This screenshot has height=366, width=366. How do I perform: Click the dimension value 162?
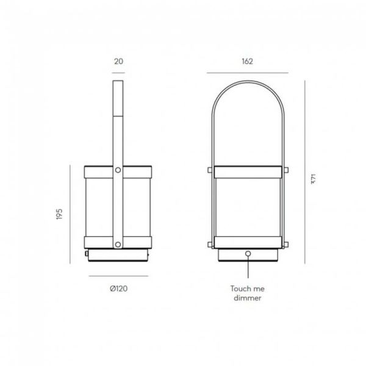(x=247, y=62)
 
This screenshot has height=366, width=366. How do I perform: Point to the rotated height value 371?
(x=314, y=178)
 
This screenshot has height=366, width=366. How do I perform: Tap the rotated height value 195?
(x=60, y=216)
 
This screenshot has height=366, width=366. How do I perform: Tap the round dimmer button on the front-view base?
(x=248, y=254)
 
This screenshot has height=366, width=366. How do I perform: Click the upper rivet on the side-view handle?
(x=118, y=171)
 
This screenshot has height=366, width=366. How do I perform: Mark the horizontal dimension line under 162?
(x=247, y=73)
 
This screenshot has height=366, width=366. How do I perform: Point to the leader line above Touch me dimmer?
(x=248, y=268)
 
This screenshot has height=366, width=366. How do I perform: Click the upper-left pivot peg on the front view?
(x=209, y=170)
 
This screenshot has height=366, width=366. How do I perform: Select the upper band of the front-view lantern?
(x=248, y=171)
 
